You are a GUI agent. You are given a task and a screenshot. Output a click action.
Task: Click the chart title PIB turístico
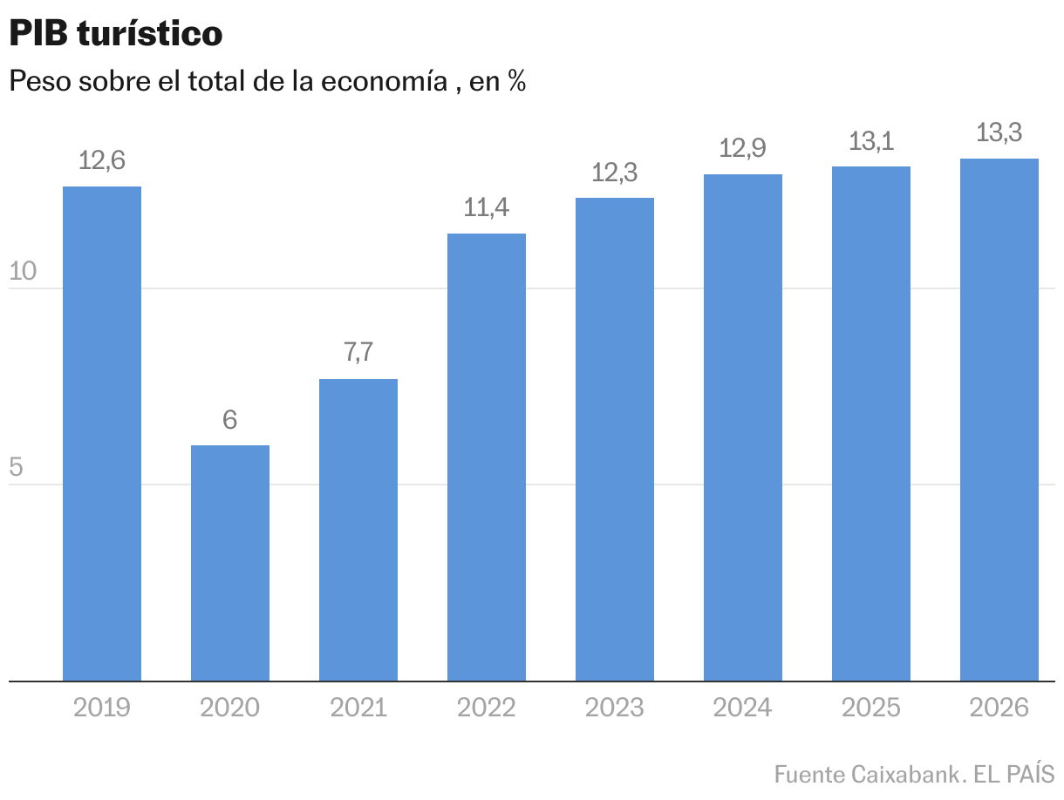[116, 34]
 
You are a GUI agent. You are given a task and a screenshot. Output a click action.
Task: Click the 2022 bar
[487, 457]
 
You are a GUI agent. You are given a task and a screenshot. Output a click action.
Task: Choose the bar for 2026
[999, 419]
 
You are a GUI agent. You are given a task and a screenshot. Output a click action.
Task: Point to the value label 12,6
[102, 161]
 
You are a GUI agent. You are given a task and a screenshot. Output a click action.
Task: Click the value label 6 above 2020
[230, 420]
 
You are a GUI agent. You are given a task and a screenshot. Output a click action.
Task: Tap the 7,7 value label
[358, 353]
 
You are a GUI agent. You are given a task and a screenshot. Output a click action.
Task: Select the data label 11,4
[487, 208]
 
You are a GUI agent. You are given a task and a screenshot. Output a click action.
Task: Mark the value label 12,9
[743, 149]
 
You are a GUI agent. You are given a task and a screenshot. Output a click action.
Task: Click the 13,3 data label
[999, 133]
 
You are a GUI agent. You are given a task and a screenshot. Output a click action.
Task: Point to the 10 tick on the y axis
[23, 272]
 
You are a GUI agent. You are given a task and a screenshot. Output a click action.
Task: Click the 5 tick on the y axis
[16, 468]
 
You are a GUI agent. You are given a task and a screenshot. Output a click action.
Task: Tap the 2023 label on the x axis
[615, 707]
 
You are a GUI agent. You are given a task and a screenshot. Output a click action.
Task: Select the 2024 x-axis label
[743, 707]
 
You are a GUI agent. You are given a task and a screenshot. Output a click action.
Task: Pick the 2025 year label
[871, 707]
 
